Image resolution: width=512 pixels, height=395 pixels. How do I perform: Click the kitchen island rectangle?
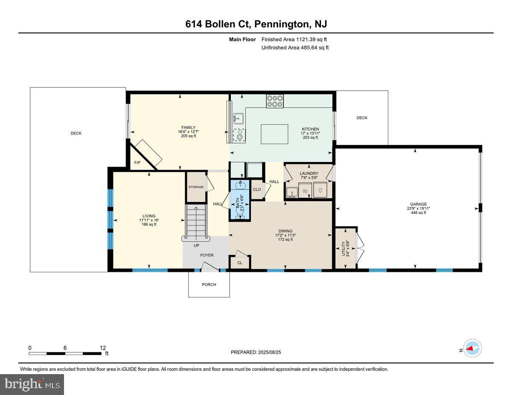pos(274,135)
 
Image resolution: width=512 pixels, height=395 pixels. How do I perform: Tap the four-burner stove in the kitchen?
pos(275,101)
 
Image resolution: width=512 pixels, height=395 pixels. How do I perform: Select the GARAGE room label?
pos(419,204)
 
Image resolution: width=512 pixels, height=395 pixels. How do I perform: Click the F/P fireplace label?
pos(137,163)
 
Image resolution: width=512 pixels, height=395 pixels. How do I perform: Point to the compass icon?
pos(473,348)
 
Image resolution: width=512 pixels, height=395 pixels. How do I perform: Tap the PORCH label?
pos(209,285)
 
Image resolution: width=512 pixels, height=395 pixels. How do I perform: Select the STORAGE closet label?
pos(196,187)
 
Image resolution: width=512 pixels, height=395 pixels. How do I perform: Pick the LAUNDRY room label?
pos(309,173)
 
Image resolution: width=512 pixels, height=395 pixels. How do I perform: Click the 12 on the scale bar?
pos(102,348)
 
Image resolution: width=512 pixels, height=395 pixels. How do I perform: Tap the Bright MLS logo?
pos(32,384)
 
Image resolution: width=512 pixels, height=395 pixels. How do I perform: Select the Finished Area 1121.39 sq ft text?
pos(295,39)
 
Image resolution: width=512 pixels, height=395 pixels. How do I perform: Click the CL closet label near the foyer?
pos(240,263)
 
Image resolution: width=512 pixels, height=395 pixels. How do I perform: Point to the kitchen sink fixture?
pos(238,118)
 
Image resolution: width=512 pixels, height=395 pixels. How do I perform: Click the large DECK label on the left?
pos(76,133)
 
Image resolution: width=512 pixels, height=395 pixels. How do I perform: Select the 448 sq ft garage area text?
pos(419,213)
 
